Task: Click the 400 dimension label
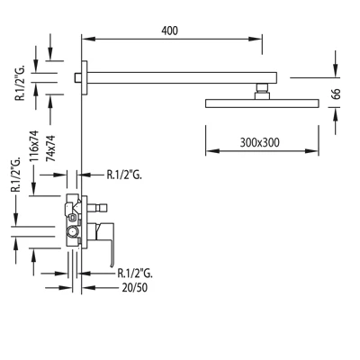(169, 31)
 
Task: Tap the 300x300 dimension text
(259, 142)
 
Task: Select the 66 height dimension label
(336, 94)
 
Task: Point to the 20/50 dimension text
(135, 287)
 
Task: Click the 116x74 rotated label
(34, 146)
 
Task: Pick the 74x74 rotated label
(50, 148)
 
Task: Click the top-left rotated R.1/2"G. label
(21, 82)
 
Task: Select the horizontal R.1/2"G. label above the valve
(124, 175)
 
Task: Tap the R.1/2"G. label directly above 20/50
(135, 273)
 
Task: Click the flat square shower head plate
(262, 103)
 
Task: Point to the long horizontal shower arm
(182, 77)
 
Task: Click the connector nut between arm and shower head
(262, 91)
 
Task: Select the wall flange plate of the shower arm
(85, 77)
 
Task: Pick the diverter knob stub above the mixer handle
(97, 207)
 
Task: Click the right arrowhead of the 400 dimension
(256, 39)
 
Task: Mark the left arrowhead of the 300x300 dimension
(212, 151)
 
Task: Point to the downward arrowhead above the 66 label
(336, 70)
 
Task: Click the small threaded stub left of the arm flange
(78, 77)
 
